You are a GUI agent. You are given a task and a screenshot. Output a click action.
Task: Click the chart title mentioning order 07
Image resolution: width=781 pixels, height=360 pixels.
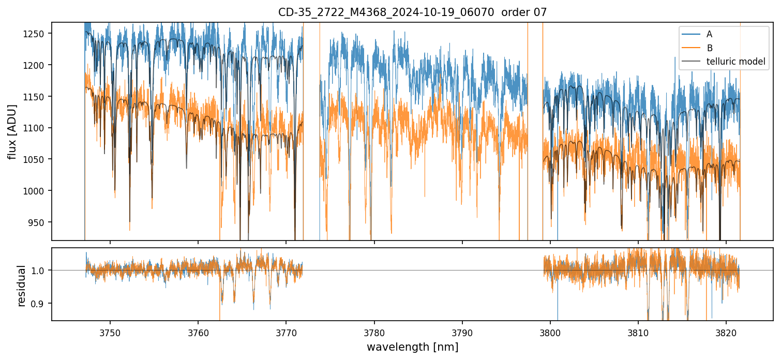[x=412, y=12]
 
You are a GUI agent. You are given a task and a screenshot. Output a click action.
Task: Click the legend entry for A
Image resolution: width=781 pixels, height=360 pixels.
[x=709, y=34]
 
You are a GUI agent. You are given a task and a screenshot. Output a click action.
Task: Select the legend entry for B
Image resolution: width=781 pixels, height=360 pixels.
[x=709, y=48]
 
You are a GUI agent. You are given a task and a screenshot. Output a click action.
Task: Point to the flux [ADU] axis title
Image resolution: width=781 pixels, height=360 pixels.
[x=12, y=131]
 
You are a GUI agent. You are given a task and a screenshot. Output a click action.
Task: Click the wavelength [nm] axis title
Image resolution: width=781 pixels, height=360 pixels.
[x=412, y=347]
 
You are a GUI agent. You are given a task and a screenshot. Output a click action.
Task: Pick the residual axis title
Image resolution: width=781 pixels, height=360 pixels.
[x=21, y=286]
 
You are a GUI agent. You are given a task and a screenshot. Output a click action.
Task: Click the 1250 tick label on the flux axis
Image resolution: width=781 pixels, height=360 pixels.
[x=35, y=34]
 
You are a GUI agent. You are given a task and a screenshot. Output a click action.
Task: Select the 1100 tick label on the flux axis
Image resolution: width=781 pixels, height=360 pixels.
[x=35, y=128]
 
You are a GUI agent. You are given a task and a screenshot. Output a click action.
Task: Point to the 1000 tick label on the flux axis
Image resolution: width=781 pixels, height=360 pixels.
[x=35, y=191]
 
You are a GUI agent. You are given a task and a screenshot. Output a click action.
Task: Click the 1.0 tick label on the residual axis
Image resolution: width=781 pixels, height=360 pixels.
[x=39, y=270]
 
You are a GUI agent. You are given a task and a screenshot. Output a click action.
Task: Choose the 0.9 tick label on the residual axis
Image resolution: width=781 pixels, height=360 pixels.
[x=39, y=303]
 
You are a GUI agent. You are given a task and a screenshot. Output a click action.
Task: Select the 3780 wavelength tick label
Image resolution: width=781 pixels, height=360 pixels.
[x=374, y=332]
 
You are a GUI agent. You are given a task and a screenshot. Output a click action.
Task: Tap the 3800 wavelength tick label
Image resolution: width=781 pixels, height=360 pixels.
[x=550, y=332]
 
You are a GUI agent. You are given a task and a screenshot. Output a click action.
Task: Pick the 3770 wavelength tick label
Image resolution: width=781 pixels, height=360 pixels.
[x=286, y=332]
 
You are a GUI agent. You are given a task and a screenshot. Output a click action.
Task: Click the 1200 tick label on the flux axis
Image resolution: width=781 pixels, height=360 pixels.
[x=35, y=65]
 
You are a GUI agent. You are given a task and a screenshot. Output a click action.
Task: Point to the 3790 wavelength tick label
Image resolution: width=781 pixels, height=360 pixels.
[x=462, y=332]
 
